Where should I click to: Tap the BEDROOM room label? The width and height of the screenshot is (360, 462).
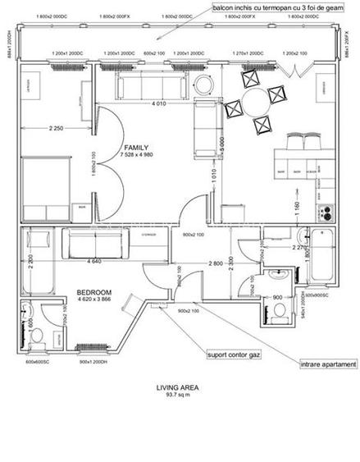coord(95,292)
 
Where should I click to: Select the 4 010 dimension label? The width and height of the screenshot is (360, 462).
coord(159,103)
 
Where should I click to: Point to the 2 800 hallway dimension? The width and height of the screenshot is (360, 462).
coord(215,263)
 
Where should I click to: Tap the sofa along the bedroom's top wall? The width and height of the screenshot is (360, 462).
coord(97,244)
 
